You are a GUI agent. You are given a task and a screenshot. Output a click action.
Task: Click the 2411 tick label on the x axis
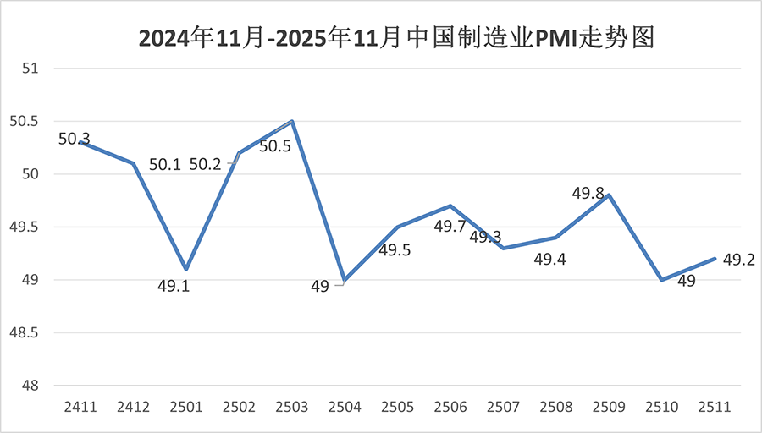pos(80,407)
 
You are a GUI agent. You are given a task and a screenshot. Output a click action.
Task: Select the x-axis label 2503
pos(292,407)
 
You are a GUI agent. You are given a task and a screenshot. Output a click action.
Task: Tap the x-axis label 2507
pos(503,407)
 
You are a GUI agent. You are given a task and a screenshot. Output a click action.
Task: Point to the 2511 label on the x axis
pos(714,407)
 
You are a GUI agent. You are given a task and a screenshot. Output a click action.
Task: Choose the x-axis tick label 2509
pos(609,407)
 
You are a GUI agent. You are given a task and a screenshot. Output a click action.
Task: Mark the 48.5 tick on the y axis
pos(25,333)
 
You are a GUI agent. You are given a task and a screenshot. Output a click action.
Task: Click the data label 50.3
pos(75,139)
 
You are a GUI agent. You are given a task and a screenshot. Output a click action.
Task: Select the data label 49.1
pos(174,286)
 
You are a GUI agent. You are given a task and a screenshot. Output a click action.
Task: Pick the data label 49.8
pos(588,194)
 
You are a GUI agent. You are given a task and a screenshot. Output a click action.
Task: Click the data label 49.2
pos(737,259)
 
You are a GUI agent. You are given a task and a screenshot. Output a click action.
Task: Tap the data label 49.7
pos(450,227)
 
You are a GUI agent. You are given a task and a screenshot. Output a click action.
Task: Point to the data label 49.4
pos(549,259)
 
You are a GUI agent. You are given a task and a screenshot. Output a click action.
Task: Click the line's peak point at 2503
pos(292,121)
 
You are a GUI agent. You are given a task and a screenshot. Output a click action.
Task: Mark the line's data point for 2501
pos(186,269)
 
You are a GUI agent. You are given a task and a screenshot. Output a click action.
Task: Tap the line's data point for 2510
pos(661,280)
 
